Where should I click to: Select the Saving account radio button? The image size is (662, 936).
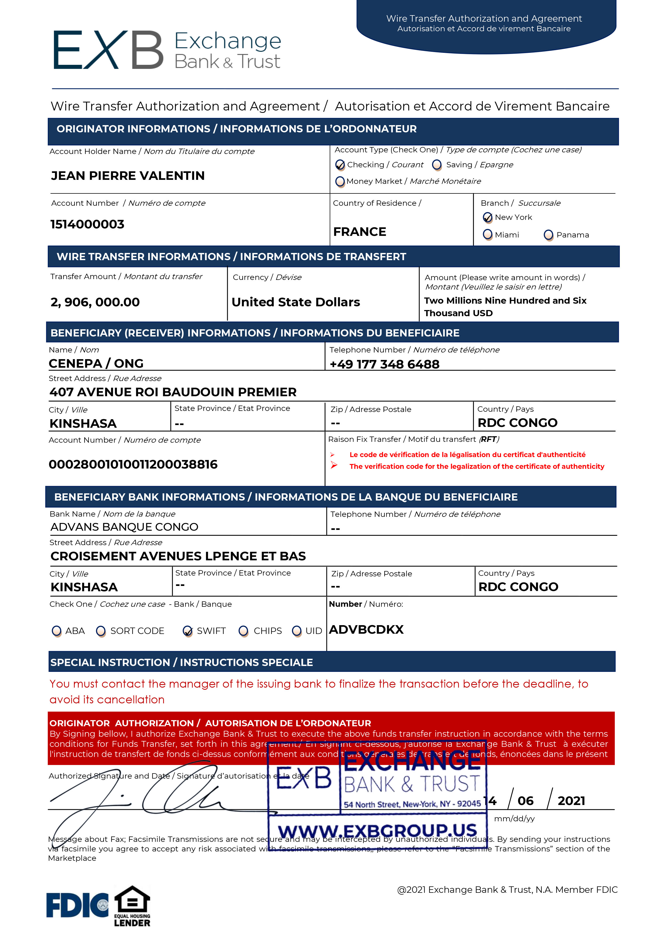tap(437, 165)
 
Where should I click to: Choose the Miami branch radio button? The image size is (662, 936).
tap(487, 235)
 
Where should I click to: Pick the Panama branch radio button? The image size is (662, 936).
tap(549, 235)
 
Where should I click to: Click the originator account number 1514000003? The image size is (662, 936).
tap(87, 224)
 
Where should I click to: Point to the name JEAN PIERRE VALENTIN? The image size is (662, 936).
tap(128, 176)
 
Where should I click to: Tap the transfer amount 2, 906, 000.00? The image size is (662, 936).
tap(95, 302)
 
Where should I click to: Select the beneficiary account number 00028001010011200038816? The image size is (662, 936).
tap(133, 464)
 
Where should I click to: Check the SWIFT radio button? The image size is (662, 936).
tap(188, 631)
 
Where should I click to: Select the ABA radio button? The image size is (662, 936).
tap(57, 631)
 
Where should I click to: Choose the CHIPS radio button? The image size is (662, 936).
tap(243, 631)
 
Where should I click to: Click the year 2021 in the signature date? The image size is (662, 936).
tap(571, 801)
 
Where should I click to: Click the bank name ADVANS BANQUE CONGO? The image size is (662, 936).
tap(124, 527)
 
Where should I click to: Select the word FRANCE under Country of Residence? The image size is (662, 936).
tap(359, 232)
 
